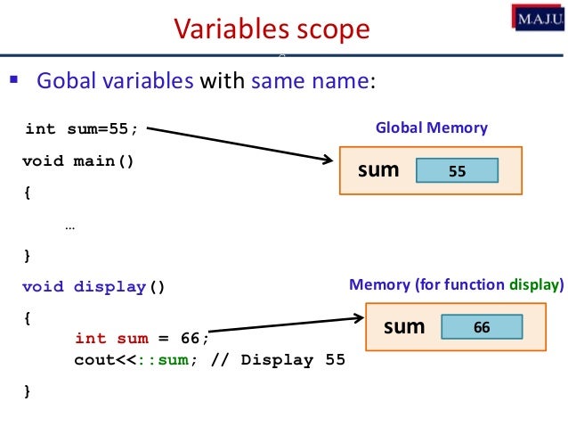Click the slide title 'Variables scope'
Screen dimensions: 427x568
coord(272,29)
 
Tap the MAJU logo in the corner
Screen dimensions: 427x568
coord(537,18)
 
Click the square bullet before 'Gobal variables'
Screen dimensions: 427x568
coord(13,83)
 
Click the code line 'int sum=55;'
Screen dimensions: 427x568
coord(81,129)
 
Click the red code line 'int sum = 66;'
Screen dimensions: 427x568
coord(142,338)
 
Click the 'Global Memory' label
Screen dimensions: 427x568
coord(431,128)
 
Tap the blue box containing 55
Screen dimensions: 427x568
coord(457,171)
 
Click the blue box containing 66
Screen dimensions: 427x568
coord(482,327)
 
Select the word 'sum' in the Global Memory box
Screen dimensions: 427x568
coord(378,169)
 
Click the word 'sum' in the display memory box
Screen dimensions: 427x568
coord(403,326)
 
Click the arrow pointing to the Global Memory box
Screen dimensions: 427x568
coord(240,145)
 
